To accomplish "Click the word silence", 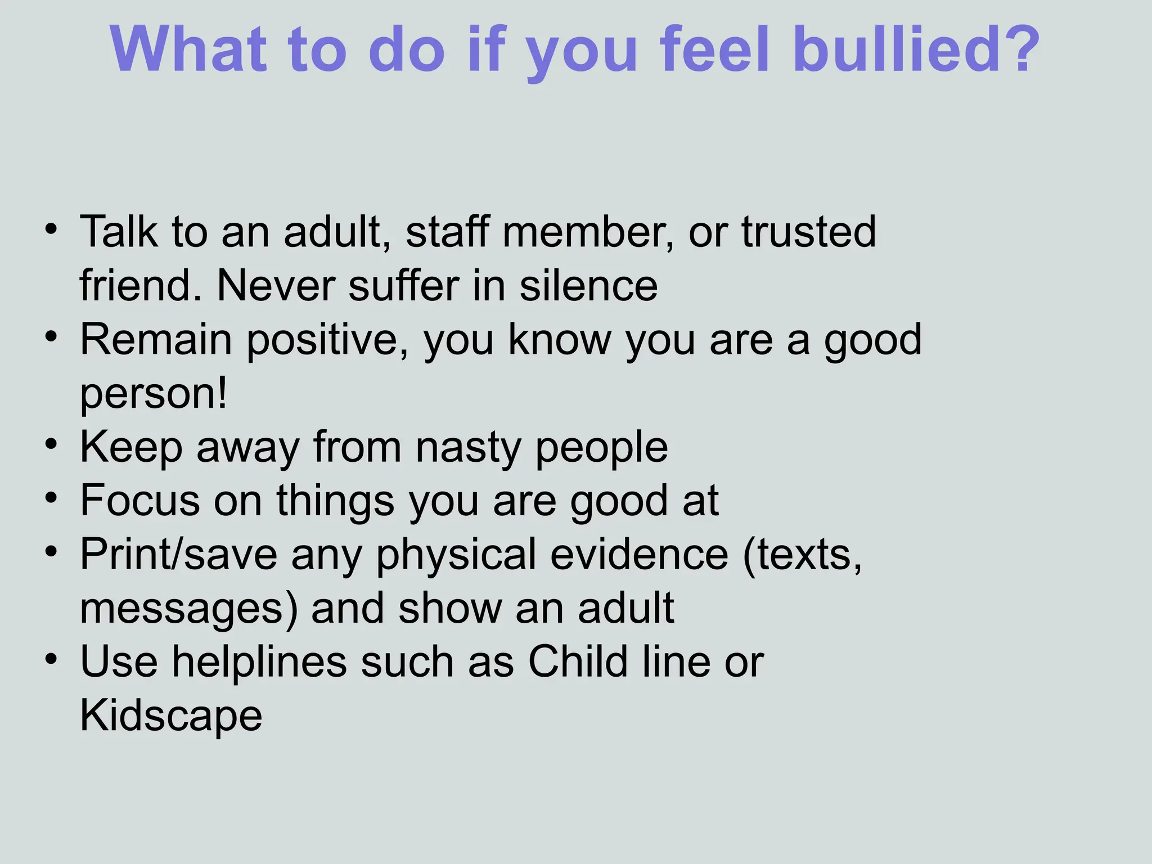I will (x=588, y=285).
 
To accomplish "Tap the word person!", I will (x=154, y=394).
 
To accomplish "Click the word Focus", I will (x=140, y=500).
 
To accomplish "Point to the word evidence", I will (x=639, y=555).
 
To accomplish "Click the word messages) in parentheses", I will (x=188, y=609).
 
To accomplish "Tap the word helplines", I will (x=259, y=661).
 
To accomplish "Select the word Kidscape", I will (x=171, y=715).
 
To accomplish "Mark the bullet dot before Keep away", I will (x=52, y=444).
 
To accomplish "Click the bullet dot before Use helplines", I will (x=52, y=659).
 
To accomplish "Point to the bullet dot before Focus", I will (x=52, y=498).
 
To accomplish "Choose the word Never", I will (x=276, y=285).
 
